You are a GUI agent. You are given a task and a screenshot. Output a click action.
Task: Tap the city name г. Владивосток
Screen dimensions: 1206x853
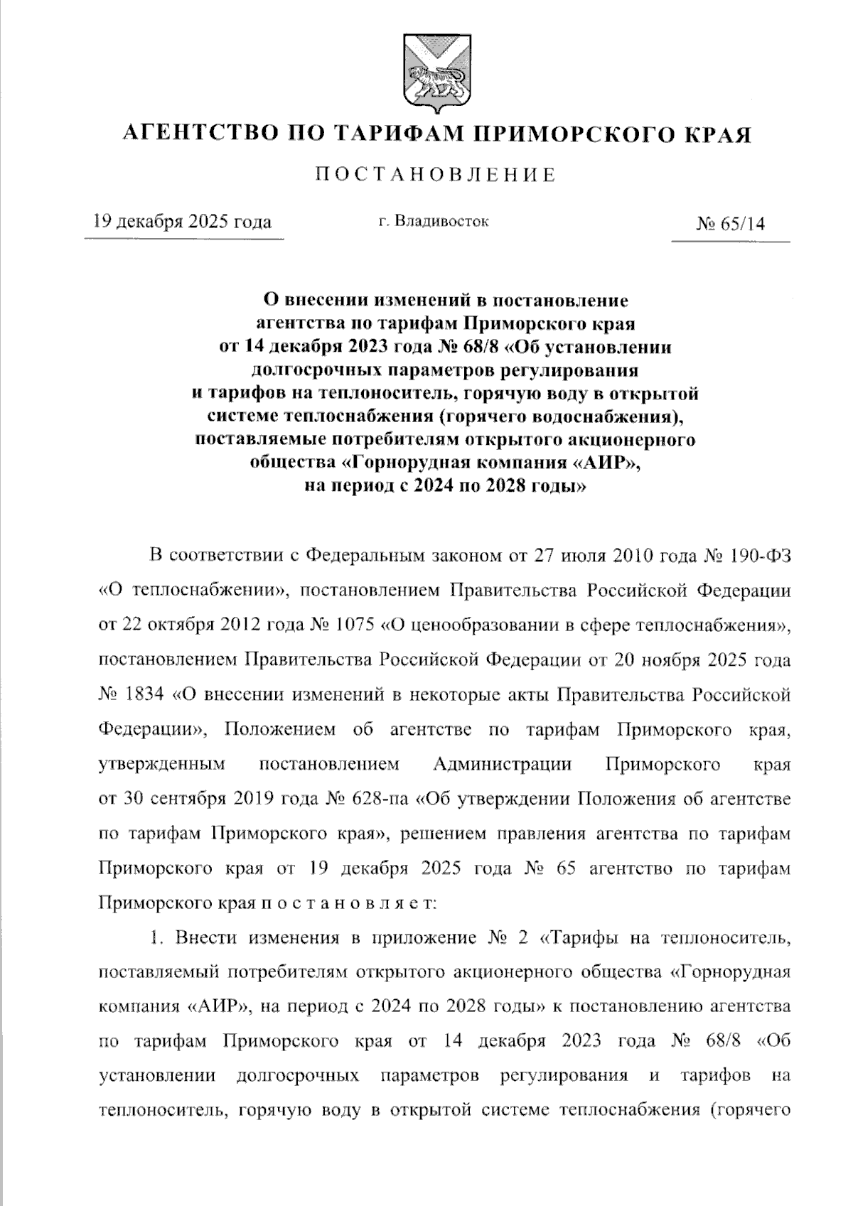(x=434, y=221)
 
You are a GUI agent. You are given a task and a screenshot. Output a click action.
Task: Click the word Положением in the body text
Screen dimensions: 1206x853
(x=277, y=730)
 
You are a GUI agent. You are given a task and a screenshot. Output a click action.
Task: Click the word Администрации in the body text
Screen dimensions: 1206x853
(x=502, y=765)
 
